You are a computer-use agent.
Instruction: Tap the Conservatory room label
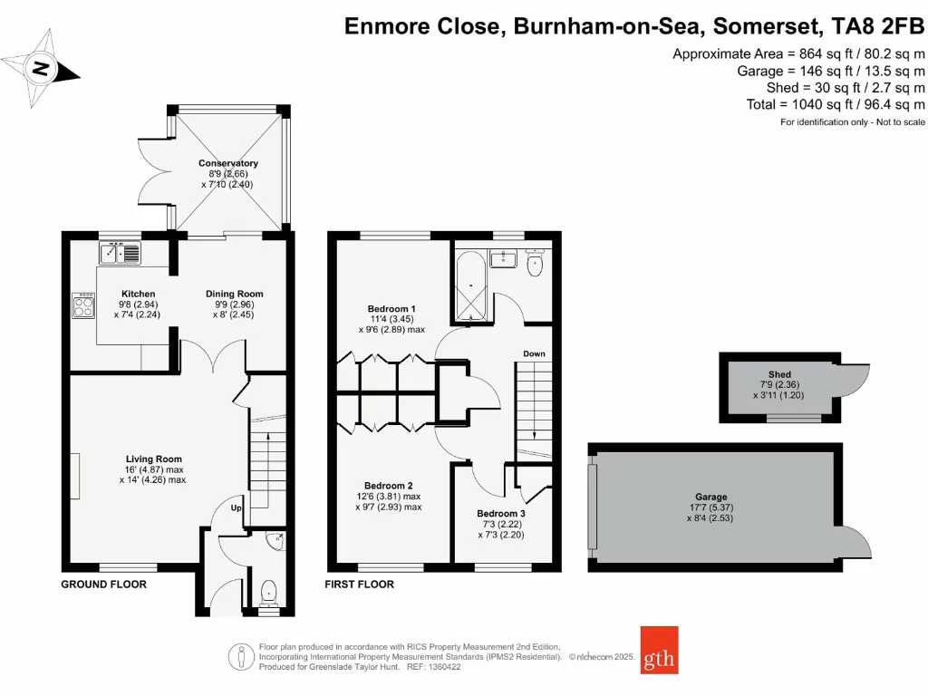pos(228,164)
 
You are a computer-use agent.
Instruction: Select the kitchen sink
pos(121,253)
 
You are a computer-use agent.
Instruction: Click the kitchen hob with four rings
pos(84,306)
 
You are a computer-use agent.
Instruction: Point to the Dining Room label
pos(234,294)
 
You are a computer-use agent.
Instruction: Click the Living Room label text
pos(153,459)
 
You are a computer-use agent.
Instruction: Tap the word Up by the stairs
pos(236,507)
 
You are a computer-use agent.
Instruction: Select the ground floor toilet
pos(268,594)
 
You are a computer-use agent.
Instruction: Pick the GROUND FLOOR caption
pos(103,585)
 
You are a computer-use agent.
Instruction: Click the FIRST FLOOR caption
pos(359,585)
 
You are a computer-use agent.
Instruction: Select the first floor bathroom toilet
pos(535,264)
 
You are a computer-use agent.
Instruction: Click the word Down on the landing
pos(534,353)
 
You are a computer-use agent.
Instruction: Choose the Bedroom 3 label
pos(501,513)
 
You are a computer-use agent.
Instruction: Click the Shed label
pos(779,374)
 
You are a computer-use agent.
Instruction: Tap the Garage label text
pos(711,497)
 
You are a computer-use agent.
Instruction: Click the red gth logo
pos(659,650)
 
